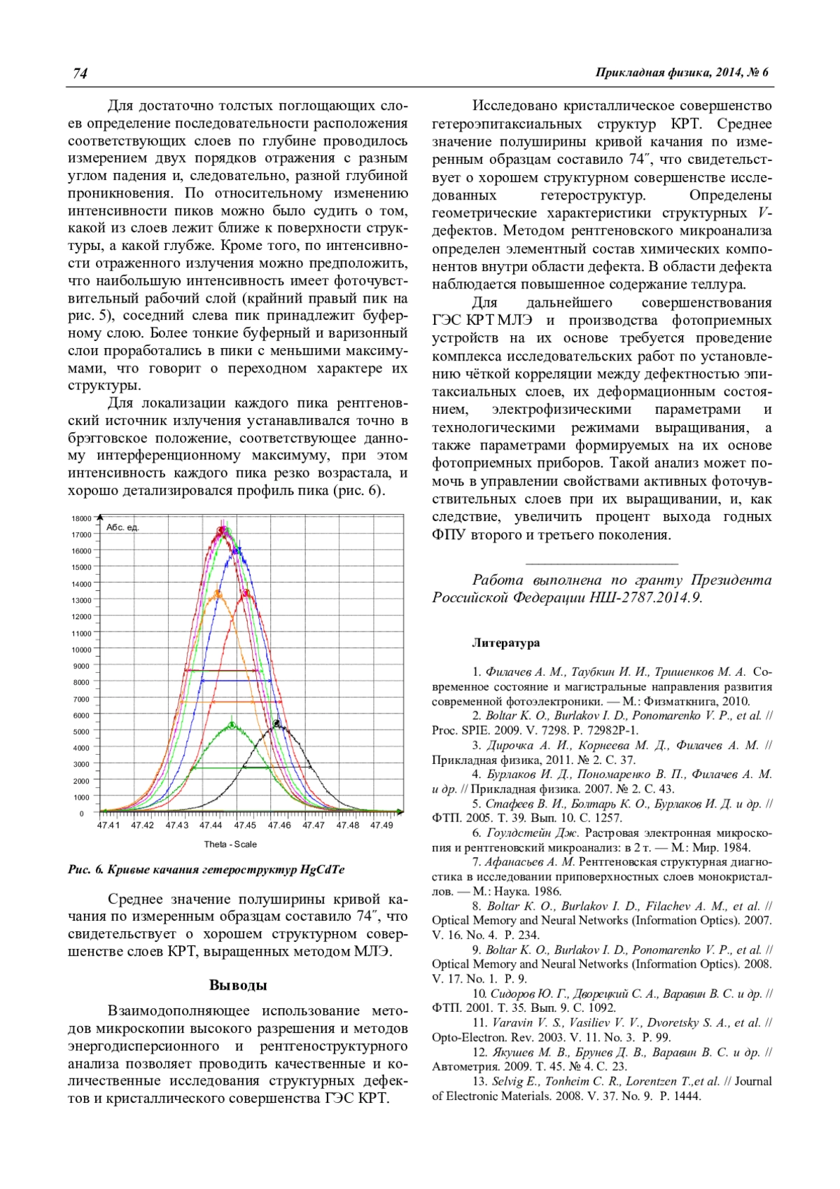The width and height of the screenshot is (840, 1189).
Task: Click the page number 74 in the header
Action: coord(80,74)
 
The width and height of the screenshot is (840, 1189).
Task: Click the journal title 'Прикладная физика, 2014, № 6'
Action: coord(682,73)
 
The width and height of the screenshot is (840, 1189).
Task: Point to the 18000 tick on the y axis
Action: coord(82,518)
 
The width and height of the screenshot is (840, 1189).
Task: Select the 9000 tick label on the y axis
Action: coord(82,666)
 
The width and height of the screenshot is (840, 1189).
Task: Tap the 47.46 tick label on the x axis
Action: coord(279,826)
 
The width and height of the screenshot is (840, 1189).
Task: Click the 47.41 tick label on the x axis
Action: coord(108,826)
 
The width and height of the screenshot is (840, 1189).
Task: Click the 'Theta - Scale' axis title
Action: coord(230,844)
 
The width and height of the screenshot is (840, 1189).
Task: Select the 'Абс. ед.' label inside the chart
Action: coord(122,527)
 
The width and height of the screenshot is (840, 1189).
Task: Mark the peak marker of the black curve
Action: coord(277,723)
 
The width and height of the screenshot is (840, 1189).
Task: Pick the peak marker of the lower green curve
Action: coord(232,725)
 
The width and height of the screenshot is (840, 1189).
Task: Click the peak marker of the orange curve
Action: coord(218,594)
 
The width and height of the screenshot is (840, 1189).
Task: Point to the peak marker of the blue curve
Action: coord(237,551)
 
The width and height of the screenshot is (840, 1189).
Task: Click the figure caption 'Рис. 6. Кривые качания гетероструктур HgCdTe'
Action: coord(206,870)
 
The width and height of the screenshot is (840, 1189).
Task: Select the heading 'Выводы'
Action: coord(238,985)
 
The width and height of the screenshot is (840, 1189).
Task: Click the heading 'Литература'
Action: coord(505,643)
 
